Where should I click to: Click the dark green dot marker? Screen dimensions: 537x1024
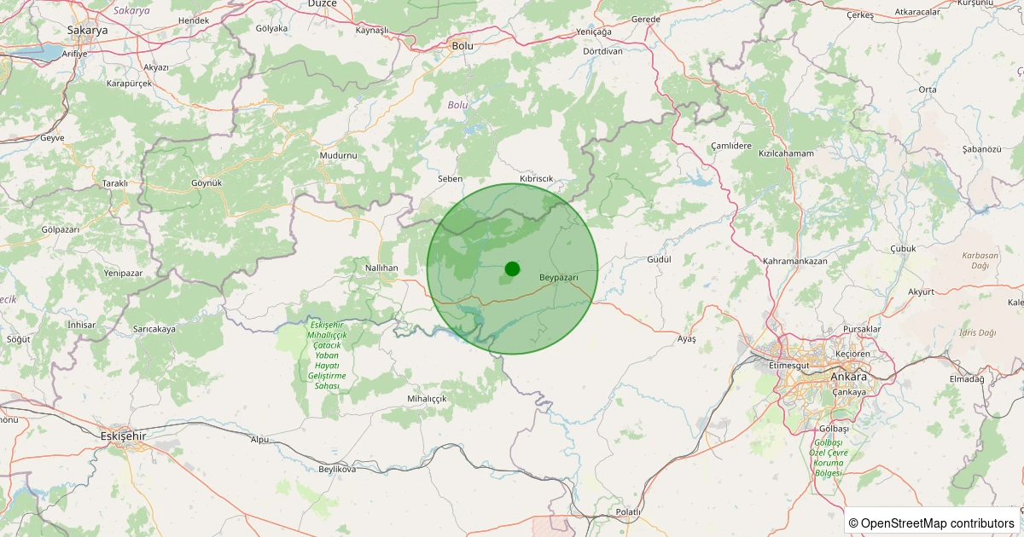pos(512,268)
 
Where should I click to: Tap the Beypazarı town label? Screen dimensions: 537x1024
pos(559,278)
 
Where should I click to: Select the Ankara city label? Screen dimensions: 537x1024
pos(848,377)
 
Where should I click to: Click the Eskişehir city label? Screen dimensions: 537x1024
pos(124,436)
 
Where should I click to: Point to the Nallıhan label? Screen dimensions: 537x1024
pos(381,268)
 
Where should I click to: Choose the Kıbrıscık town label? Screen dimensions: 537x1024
pos(537,177)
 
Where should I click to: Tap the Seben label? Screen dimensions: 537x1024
pos(450,179)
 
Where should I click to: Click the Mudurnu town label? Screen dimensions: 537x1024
pos(338,155)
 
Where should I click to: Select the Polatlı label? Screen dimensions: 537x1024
pos(628,511)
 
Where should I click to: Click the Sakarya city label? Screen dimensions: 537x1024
pos(87,30)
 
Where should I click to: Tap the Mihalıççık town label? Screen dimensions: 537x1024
pos(427,398)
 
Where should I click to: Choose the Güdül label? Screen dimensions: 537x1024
pos(660,259)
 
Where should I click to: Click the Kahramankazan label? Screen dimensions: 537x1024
pos(795,261)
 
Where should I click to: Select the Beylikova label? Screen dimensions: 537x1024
pos(336,469)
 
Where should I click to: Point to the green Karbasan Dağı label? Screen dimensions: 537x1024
pos(980,261)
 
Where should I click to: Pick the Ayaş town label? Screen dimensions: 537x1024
pos(687,339)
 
